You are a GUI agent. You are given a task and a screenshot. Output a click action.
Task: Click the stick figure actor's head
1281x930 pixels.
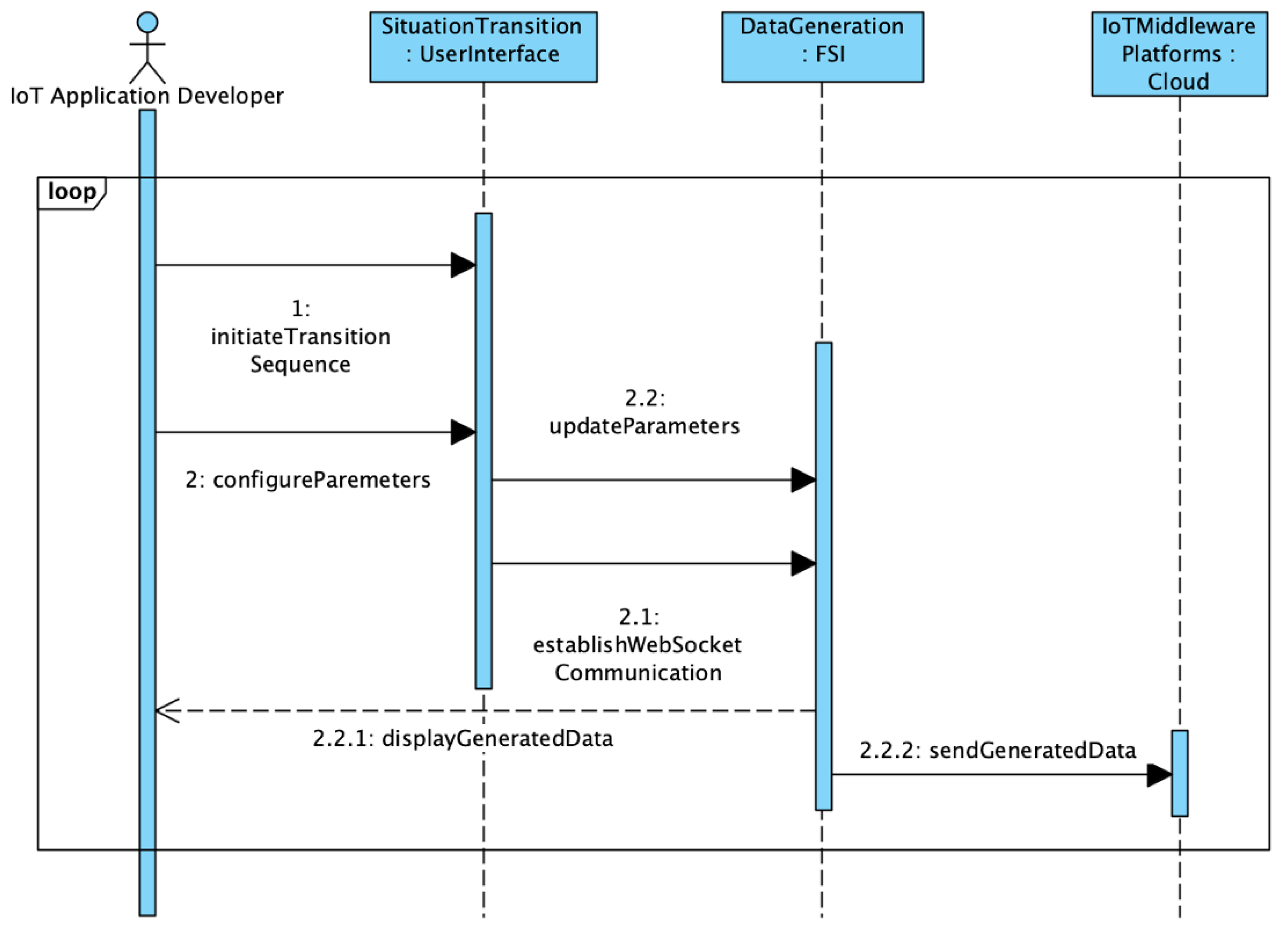click(x=147, y=23)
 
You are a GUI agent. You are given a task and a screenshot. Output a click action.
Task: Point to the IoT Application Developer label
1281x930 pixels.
click(x=147, y=96)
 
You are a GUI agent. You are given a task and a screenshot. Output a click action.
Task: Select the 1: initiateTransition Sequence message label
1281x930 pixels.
click(x=301, y=336)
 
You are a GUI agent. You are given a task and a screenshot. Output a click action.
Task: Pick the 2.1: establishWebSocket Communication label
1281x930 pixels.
click(x=638, y=645)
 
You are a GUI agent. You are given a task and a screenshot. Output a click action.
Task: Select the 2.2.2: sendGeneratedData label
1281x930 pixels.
click(x=997, y=750)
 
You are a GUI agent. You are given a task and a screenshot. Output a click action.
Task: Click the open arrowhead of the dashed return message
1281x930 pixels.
click(x=167, y=711)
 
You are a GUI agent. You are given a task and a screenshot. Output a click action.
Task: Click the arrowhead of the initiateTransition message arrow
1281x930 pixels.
click(x=463, y=265)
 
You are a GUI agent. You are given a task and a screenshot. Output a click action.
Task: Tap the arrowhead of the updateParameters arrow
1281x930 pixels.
click(x=803, y=480)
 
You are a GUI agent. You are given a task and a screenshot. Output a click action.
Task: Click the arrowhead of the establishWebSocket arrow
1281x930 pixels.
click(x=803, y=563)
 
